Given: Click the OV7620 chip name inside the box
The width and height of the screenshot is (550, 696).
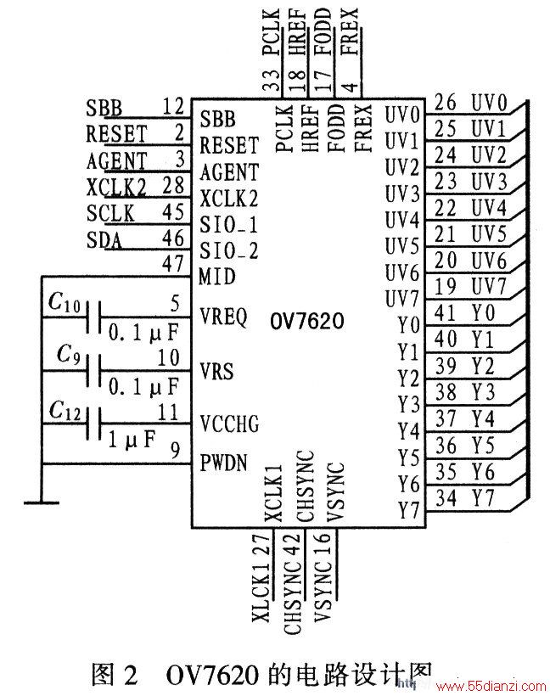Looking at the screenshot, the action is coord(306,321).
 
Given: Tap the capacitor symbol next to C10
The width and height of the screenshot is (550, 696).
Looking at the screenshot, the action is coord(93,317).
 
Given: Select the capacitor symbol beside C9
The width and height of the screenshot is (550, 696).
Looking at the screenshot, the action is coord(93,371).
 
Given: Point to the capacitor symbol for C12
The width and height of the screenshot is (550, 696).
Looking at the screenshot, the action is coord(93,424).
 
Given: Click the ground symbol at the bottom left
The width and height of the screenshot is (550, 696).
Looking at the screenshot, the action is coord(42,502).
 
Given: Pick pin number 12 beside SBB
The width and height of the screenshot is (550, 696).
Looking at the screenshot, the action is coord(173,107).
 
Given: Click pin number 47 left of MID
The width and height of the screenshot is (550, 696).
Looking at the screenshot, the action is coord(173,264).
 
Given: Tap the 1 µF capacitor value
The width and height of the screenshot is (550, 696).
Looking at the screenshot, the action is coord(132,440).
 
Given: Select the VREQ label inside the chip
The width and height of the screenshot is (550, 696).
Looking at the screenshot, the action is coord(223,317).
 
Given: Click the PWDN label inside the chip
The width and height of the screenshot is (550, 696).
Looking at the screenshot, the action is coord(223,463).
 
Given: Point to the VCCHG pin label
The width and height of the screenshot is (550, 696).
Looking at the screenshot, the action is coord(229,424).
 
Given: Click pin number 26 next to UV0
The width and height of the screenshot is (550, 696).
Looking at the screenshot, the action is coord(446,102).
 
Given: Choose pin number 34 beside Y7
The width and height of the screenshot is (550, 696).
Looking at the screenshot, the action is coord(446,498).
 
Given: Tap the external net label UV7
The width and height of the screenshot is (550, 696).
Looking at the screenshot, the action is coord(489,287).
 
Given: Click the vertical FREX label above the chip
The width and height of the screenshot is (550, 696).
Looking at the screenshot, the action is coord(351,31).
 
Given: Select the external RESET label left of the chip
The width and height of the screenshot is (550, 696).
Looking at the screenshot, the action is coord(116,133).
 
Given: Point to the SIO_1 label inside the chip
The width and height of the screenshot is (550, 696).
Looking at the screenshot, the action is coord(228,225).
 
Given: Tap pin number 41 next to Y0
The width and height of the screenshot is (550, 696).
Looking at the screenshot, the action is coord(446,313).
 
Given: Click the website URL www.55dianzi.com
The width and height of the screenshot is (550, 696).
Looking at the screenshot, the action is coord(491,686).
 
